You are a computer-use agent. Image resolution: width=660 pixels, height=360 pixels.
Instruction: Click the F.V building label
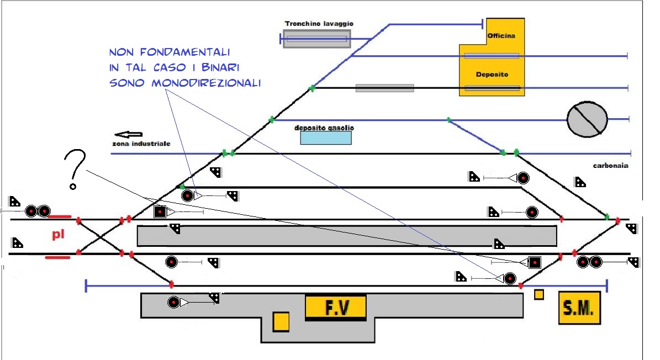[335, 307]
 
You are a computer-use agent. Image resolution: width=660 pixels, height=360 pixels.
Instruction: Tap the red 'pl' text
[59, 235]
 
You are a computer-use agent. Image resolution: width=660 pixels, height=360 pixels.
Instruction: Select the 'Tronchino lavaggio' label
[319, 24]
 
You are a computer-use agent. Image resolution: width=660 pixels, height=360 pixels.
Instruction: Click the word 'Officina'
[501, 36]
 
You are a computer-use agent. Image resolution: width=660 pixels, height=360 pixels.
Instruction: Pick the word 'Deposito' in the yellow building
[492, 74]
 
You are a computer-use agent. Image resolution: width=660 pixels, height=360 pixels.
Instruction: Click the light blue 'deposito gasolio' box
[326, 137]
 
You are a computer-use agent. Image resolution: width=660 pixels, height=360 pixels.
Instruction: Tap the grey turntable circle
[587, 119]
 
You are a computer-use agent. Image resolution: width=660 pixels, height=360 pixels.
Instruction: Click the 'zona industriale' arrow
[128, 134]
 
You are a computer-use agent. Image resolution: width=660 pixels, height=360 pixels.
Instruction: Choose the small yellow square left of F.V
[281, 322]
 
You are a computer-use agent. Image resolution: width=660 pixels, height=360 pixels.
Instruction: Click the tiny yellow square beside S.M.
[539, 295]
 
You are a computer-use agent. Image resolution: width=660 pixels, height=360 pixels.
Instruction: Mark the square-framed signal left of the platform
[160, 211]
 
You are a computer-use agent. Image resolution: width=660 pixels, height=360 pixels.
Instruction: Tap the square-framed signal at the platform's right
[534, 262]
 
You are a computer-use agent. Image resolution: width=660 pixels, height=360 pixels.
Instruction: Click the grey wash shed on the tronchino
[316, 39]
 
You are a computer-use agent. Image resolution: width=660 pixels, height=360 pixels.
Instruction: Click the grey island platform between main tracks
[347, 236]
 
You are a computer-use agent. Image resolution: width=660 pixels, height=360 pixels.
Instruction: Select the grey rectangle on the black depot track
[384, 88]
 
